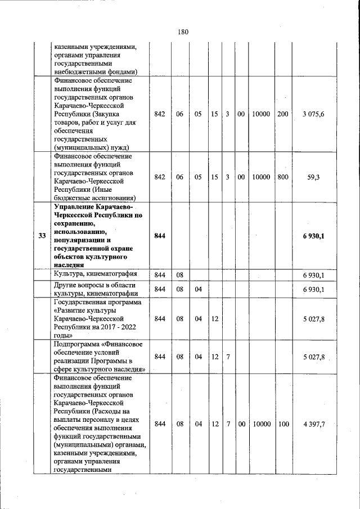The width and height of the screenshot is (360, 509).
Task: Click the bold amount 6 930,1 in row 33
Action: pos(313,236)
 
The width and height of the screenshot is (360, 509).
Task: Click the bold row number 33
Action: pos(42,236)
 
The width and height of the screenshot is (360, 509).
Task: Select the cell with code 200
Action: pos(283,114)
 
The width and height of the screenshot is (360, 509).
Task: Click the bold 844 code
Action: pos(160,236)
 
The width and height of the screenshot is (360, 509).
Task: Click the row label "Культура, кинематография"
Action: pos(95,274)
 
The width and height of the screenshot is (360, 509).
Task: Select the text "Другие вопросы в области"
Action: pos(94,285)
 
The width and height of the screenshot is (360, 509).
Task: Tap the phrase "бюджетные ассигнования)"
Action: pos(94,198)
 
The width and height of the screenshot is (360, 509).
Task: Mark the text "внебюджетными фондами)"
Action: pos(96,72)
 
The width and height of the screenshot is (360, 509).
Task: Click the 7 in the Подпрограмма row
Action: pos(228,357)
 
